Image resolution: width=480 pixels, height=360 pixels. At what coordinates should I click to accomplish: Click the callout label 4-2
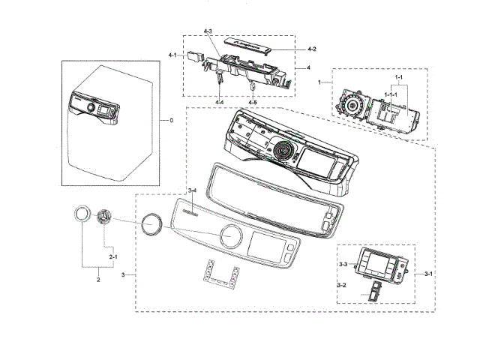click(312, 49)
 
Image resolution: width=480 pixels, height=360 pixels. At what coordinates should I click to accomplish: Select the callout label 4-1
click(172, 55)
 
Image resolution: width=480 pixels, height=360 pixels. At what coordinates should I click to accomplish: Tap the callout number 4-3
click(208, 31)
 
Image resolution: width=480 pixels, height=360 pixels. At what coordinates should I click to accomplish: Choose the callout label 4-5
click(253, 101)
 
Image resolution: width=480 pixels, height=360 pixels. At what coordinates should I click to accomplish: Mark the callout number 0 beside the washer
click(170, 120)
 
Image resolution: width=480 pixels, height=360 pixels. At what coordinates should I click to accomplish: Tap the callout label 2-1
click(114, 257)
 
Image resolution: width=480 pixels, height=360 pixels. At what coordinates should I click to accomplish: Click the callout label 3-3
click(342, 264)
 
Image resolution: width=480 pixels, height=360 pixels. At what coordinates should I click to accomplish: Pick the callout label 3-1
click(428, 274)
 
